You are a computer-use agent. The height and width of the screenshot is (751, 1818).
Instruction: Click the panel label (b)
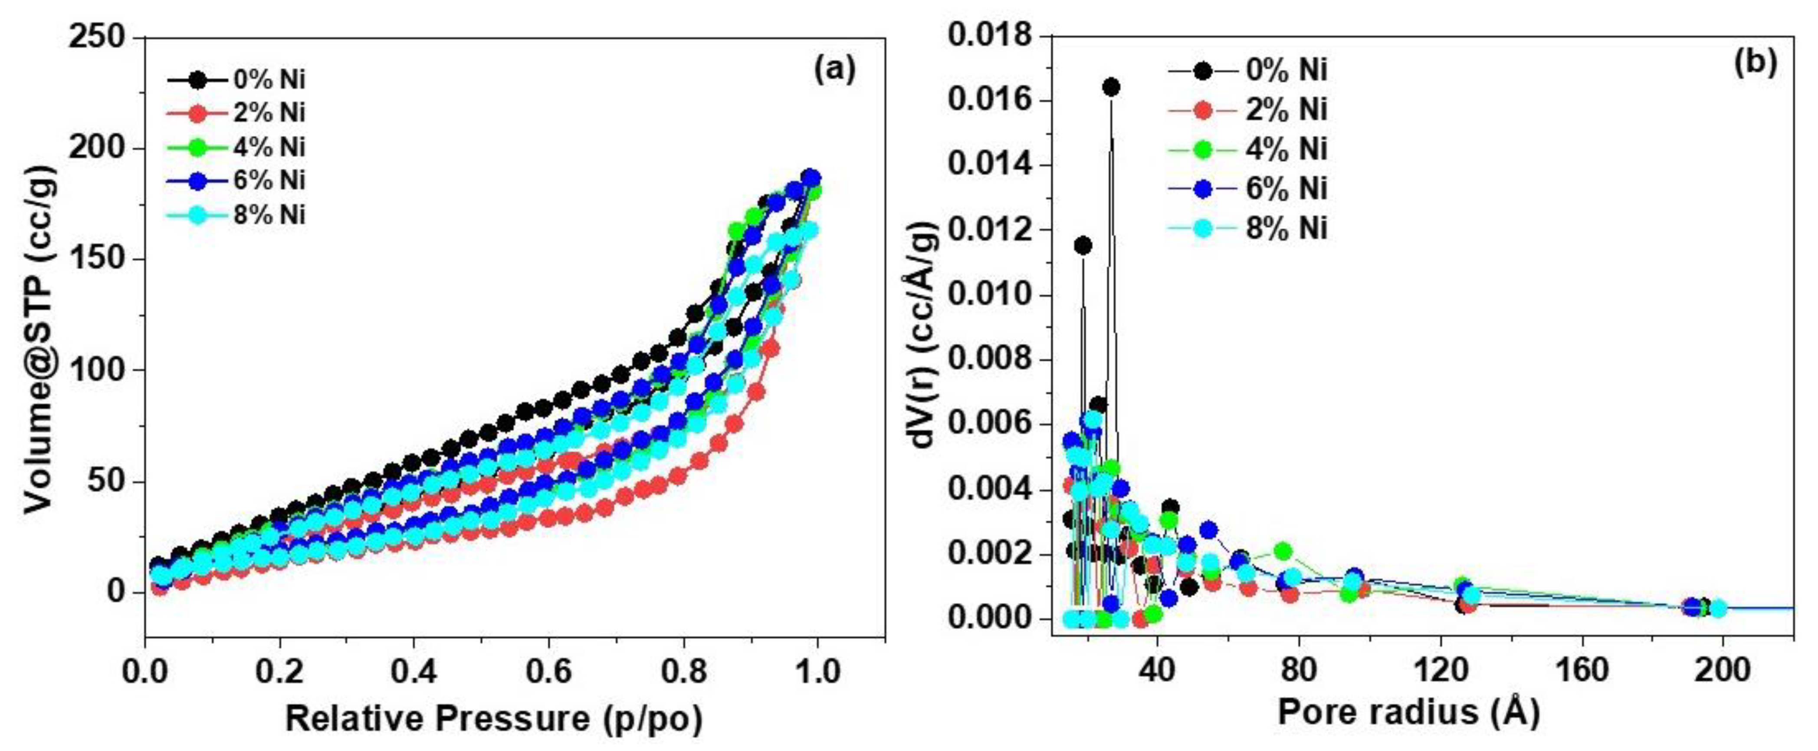coord(1755,63)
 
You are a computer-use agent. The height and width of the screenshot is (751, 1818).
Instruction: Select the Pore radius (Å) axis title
coord(1408,713)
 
